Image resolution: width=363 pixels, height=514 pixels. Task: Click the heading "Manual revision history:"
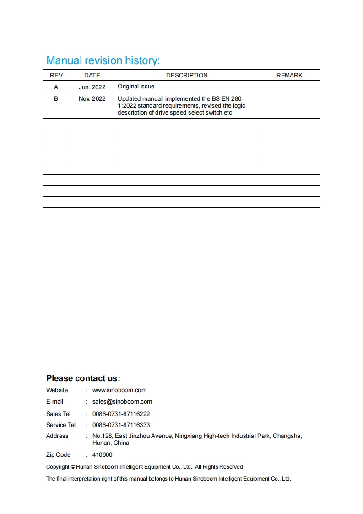103,60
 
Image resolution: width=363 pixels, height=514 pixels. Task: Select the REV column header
56,75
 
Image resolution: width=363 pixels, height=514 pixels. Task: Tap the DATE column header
92,75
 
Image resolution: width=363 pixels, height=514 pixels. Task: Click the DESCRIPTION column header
187,75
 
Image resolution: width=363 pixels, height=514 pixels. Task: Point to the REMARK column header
289,75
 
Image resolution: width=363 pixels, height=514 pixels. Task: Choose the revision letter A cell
56,87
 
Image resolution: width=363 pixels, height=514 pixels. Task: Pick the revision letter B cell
56,98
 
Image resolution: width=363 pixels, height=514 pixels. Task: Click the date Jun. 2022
92,87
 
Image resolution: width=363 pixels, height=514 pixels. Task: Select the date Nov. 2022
92,98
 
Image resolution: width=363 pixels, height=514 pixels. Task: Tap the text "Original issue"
136,87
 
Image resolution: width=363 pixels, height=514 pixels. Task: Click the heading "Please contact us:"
83,378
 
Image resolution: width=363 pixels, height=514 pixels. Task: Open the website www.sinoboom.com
119,390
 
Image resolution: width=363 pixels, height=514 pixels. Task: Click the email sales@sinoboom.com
122,402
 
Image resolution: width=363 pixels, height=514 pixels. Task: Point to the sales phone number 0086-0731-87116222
121,414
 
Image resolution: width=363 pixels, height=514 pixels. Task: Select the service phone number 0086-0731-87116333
121,425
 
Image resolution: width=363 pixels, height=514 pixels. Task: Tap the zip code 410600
102,455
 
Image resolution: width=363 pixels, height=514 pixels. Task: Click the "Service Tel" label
61,425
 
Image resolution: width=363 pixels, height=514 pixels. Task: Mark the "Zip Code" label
59,455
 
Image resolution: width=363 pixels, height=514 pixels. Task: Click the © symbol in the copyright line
73,467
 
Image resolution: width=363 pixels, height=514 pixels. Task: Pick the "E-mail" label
55,402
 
